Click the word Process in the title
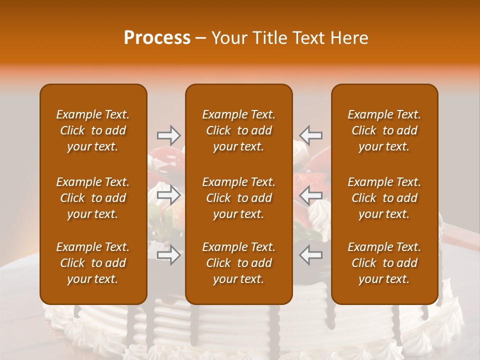[157, 38]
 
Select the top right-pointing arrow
[169, 135]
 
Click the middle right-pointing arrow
[169, 195]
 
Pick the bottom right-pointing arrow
[169, 255]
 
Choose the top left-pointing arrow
[310, 135]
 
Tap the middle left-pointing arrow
[310, 195]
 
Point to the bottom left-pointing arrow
[310, 255]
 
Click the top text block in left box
[93, 130]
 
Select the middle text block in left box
[93, 198]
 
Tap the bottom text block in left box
[93, 263]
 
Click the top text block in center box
[239, 130]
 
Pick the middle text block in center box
[239, 198]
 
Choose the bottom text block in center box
[239, 263]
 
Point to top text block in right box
[384, 130]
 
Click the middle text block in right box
[384, 198]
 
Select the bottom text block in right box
[384, 263]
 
